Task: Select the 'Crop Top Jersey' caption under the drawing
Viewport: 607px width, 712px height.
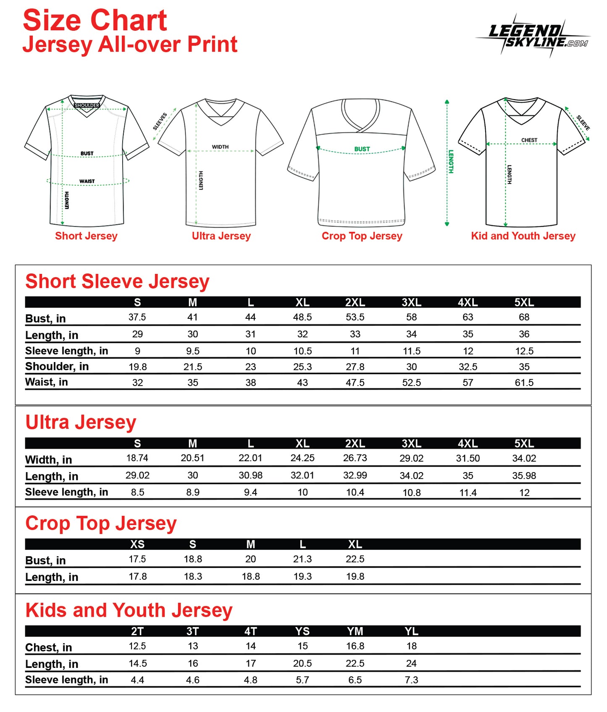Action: (x=362, y=236)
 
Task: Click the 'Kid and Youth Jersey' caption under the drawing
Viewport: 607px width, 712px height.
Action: (x=523, y=236)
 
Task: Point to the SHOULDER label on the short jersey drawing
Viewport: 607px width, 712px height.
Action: (x=87, y=105)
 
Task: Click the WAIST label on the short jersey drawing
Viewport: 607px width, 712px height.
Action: (x=87, y=181)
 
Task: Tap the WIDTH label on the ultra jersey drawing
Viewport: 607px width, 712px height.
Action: (x=220, y=147)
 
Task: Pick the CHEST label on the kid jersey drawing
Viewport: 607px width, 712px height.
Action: (x=529, y=140)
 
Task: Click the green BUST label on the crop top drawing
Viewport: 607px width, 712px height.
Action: (x=362, y=149)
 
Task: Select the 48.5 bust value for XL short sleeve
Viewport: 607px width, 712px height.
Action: (x=302, y=318)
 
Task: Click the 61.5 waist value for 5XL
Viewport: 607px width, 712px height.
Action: (x=524, y=383)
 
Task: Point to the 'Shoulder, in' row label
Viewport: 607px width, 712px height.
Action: (x=57, y=367)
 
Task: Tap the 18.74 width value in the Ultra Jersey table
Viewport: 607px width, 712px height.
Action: (x=137, y=458)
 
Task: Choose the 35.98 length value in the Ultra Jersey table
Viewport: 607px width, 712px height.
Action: (x=524, y=476)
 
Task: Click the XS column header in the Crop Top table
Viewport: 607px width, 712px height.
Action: (x=137, y=544)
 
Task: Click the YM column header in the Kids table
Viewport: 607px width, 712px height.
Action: (x=355, y=631)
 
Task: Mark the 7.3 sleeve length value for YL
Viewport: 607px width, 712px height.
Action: (x=411, y=680)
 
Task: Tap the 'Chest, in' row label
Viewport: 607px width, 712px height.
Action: (x=49, y=648)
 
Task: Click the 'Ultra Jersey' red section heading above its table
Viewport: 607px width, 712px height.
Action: (x=81, y=423)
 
